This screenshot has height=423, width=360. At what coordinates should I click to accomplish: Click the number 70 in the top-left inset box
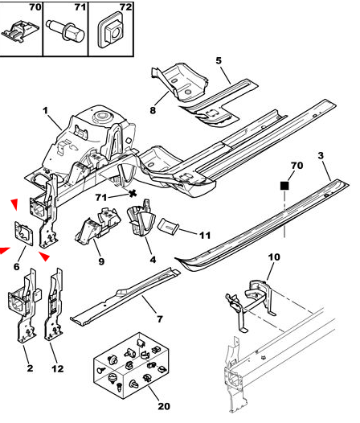pyautogui.click(x=35, y=7)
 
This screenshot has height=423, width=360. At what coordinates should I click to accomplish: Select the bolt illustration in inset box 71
pyautogui.click(x=65, y=31)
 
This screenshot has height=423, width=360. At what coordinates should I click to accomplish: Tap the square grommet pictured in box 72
pyautogui.click(x=111, y=31)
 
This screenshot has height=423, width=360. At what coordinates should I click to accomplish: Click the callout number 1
pyautogui.click(x=45, y=111)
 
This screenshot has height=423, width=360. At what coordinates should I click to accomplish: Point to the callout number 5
pyautogui.click(x=219, y=60)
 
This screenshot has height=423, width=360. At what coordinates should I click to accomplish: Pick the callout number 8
pyautogui.click(x=153, y=110)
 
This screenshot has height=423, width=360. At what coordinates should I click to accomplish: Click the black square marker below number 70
pyautogui.click(x=284, y=186)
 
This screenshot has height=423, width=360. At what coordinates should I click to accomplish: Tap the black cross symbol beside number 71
pyautogui.click(x=132, y=194)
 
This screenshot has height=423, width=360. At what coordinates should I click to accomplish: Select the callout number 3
pyautogui.click(x=321, y=156)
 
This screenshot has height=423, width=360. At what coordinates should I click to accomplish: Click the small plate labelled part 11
pyautogui.click(x=168, y=227)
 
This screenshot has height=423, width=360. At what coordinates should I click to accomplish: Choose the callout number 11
pyautogui.click(x=205, y=236)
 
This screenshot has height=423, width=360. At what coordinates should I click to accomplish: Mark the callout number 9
pyautogui.click(x=101, y=261)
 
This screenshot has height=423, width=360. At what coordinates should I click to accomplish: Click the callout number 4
pyautogui.click(x=153, y=260)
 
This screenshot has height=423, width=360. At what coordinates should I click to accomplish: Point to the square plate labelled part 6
pyautogui.click(x=24, y=233)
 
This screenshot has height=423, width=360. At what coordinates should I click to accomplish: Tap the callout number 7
pyautogui.click(x=160, y=319)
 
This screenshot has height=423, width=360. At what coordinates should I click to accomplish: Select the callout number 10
pyautogui.click(x=274, y=257)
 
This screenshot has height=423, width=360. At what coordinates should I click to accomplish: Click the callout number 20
pyautogui.click(x=164, y=406)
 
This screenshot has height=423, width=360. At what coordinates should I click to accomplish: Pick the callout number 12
pyautogui.click(x=57, y=369)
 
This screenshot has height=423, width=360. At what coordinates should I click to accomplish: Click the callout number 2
pyautogui.click(x=30, y=368)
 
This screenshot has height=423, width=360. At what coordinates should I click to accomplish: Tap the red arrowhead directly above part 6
pyautogui.click(x=14, y=203)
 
